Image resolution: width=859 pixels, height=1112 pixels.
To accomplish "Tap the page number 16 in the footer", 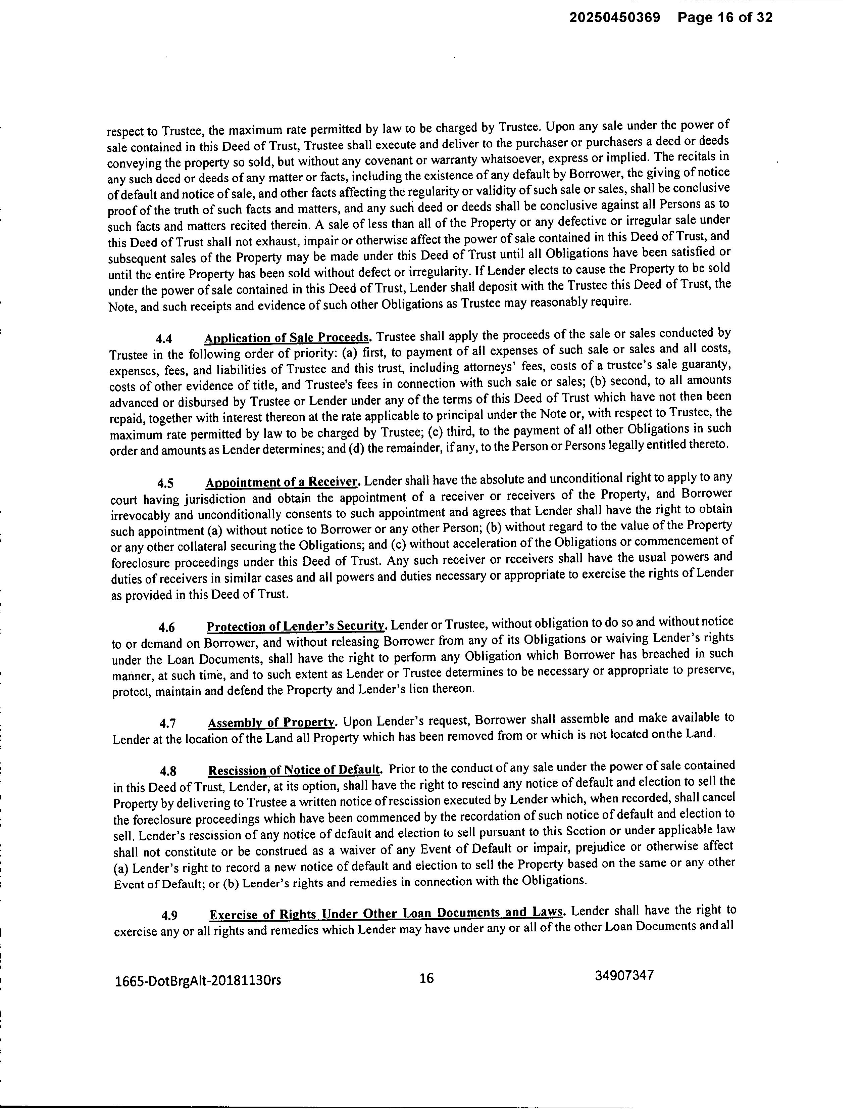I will point(426,978).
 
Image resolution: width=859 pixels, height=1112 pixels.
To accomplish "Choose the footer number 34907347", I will point(624,976).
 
